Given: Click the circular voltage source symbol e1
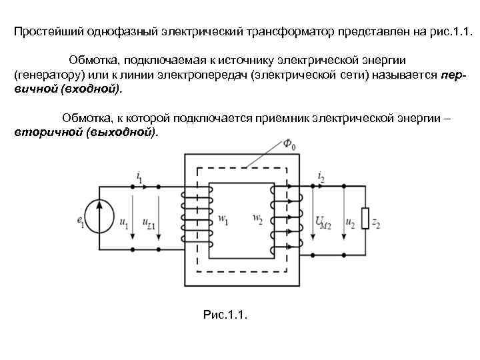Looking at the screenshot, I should [101, 217].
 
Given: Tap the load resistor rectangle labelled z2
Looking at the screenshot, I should [366, 217].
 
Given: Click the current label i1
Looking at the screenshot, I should [139, 177].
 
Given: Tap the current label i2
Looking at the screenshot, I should [321, 177].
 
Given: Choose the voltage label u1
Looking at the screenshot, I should [124, 223].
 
